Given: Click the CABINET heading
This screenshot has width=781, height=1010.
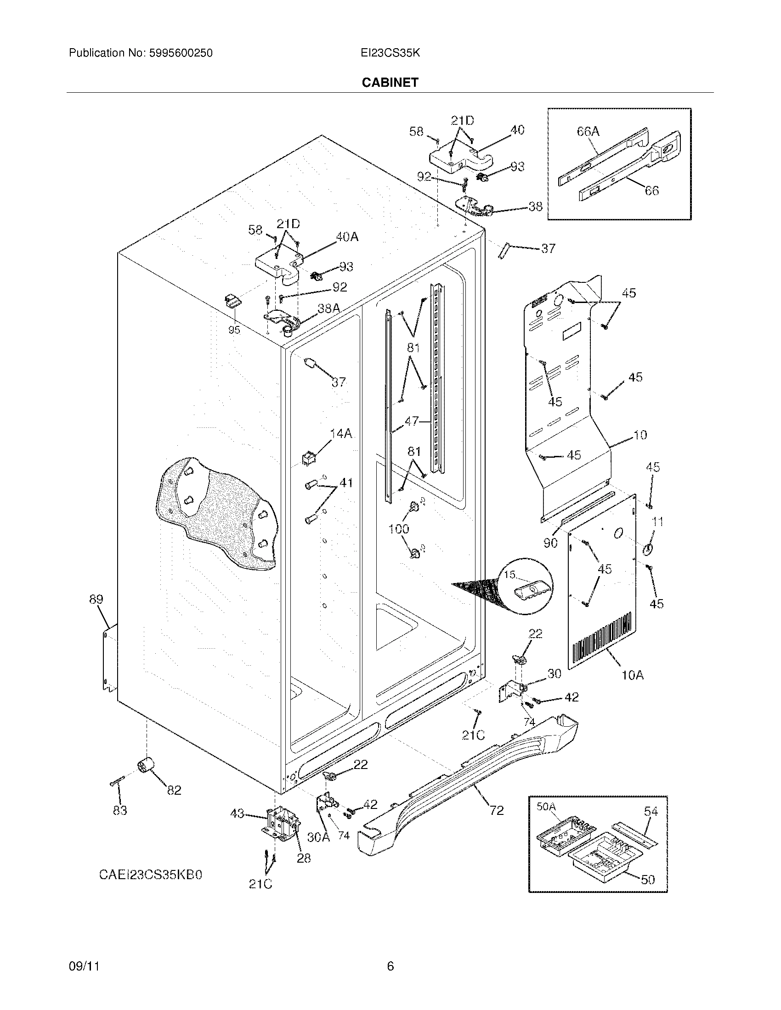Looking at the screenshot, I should point(390,82).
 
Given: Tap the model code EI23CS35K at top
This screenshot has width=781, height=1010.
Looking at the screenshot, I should point(390,53).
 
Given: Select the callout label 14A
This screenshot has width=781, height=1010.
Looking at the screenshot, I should point(341,433).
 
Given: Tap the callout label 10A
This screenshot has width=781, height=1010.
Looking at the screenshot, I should point(633,675).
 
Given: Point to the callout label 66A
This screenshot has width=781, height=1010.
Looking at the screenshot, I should point(588,132).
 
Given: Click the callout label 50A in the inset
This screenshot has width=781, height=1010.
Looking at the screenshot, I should point(546,807).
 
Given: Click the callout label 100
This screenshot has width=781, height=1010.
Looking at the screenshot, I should point(398,528).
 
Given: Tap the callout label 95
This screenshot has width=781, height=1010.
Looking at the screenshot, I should point(234,330).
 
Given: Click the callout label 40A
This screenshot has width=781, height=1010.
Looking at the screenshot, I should point(347,237).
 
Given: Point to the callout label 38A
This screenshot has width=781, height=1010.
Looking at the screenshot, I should point(328,308).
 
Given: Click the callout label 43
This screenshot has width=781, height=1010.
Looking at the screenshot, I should point(237,826).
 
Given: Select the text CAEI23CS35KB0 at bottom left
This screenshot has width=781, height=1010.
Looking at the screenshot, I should point(150,875).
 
